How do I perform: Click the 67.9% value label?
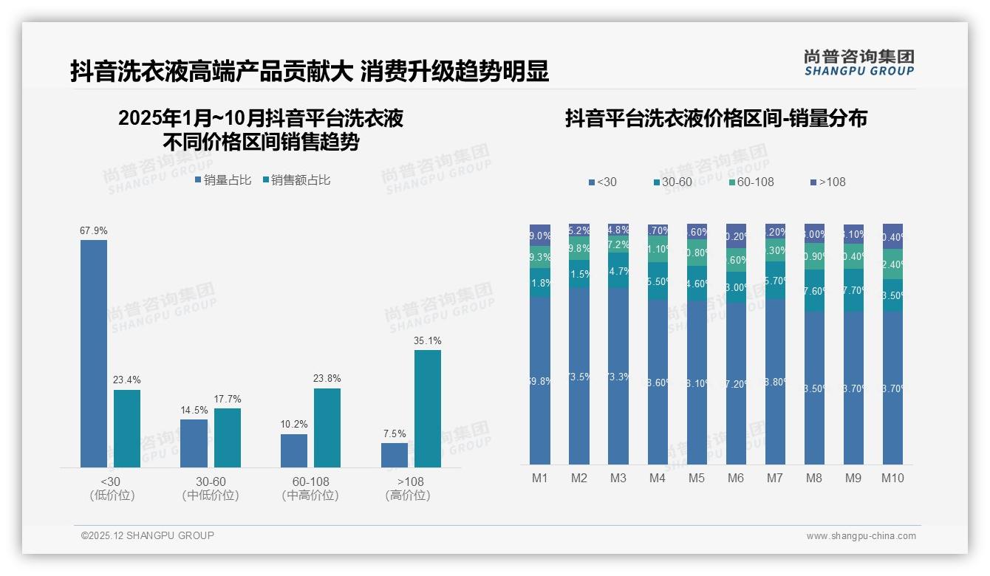[94, 231]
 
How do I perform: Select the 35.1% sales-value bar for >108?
[427, 408]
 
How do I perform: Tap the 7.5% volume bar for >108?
[395, 455]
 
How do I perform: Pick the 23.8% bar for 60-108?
[327, 428]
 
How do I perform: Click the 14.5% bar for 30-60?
[194, 443]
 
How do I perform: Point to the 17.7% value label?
[228, 400]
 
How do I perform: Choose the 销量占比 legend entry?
[223, 180]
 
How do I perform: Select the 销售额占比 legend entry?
[296, 180]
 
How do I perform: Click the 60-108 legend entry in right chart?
[751, 182]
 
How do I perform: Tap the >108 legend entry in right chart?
[827, 182]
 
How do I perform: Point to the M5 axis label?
[697, 479]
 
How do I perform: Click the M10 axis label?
[892, 479]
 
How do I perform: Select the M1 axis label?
[540, 479]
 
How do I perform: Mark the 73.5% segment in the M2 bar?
[579, 376]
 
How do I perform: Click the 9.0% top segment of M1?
[540, 236]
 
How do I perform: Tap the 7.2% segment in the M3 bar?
[618, 244]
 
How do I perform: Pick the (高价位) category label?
[407, 496]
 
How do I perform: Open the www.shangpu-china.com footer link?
[861, 536]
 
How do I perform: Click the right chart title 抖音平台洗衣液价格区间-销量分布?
[716, 118]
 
